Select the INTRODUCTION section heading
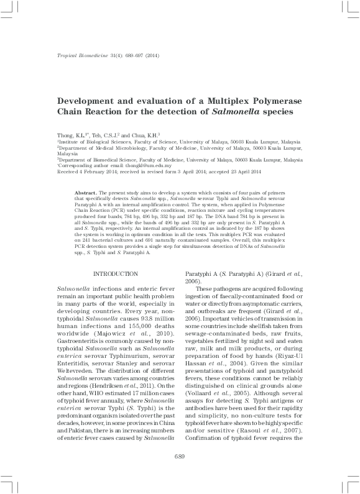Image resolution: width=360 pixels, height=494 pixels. click(116, 257)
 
